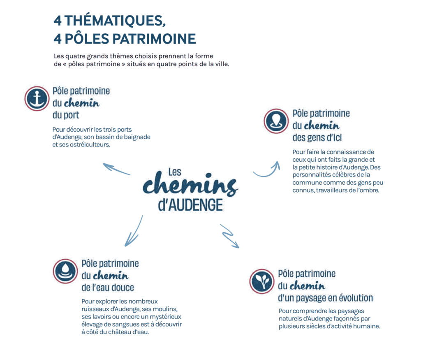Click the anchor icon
coord(37,99)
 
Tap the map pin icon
coord(276,121)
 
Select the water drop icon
coord(65,271)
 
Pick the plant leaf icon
coord(262,281)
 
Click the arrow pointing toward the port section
coord(116,169)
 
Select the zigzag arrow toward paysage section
coord(229,236)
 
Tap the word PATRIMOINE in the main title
coord(154,39)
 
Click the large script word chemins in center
coord(190,184)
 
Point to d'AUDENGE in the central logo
coord(190,205)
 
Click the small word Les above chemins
coord(175,172)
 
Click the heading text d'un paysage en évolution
coord(326,298)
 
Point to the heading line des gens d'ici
coord(317,137)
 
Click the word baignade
coord(137,137)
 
